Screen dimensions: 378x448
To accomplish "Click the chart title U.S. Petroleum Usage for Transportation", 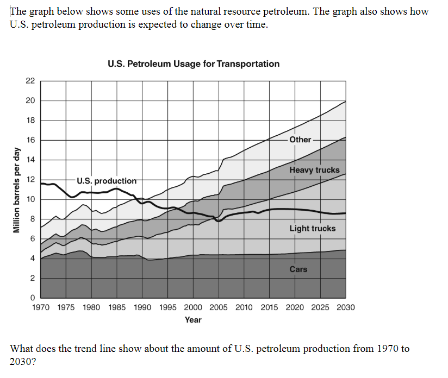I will coord(194,64).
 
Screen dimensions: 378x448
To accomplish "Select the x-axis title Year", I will coord(193,320).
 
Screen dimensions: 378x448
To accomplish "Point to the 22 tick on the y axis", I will coord(30,81).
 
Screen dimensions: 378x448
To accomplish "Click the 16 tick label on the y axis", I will coord(30,140).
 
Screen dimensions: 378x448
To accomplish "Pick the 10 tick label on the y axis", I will coord(30,199).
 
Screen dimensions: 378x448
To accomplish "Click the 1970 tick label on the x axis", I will coord(41,307).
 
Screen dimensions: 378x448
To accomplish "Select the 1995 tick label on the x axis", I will coord(168,307).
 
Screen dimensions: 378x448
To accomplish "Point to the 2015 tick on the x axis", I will coord(269,307).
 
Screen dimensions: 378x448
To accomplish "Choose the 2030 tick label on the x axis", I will coord(345,307).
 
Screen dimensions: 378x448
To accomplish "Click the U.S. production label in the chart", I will coord(107,181).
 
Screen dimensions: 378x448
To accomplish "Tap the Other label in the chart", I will coord(300,140).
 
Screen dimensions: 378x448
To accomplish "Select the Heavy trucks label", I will coord(314,170).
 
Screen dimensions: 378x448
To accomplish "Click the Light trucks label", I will coord(312,229).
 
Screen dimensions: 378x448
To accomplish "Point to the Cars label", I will coord(298,269).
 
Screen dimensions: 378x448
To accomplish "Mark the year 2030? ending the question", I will coord(23,361).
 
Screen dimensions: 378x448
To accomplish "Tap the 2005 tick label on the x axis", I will coord(219,307).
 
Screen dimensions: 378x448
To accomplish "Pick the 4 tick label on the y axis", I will coord(33,259).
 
